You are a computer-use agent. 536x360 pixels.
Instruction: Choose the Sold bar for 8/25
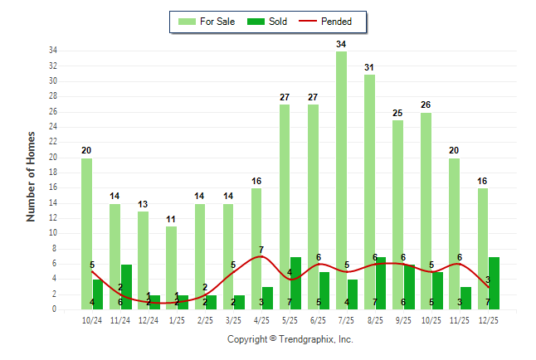[x=381, y=283]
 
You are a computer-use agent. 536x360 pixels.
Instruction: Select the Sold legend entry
[x=268, y=22]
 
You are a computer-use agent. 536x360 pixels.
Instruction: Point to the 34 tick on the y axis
[x=52, y=51]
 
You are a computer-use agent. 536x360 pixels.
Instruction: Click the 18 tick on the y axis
[x=52, y=173]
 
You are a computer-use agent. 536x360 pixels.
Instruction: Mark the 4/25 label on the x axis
[x=261, y=320]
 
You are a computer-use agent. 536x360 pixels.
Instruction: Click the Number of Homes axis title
[x=32, y=176]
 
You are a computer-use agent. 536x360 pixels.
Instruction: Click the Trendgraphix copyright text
[x=290, y=339]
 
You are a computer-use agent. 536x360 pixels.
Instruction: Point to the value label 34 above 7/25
[x=341, y=44]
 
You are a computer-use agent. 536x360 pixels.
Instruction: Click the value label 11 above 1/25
[x=171, y=219]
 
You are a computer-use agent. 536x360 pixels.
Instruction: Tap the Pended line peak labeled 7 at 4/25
[x=261, y=255]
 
